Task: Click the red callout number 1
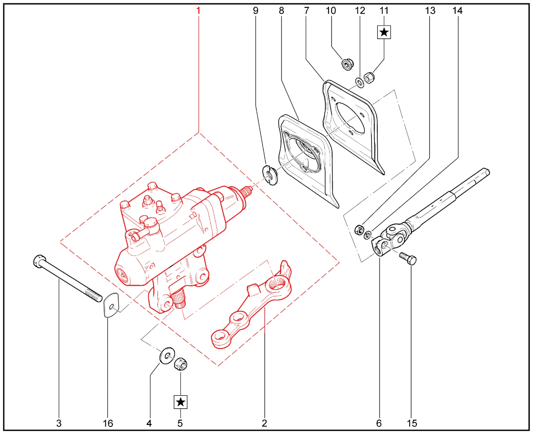198,11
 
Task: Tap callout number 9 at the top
255,11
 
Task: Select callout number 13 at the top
430,11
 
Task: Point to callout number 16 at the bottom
108,423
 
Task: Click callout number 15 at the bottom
412,423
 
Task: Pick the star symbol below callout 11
384,33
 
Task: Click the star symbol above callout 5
180,402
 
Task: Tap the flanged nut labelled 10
347,64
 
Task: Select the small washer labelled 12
360,83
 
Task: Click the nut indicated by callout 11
369,78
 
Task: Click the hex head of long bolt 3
40,261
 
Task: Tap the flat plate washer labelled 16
111,305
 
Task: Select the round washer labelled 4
167,356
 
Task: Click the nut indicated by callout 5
181,364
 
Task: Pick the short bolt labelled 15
407,258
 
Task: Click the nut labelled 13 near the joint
359,229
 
